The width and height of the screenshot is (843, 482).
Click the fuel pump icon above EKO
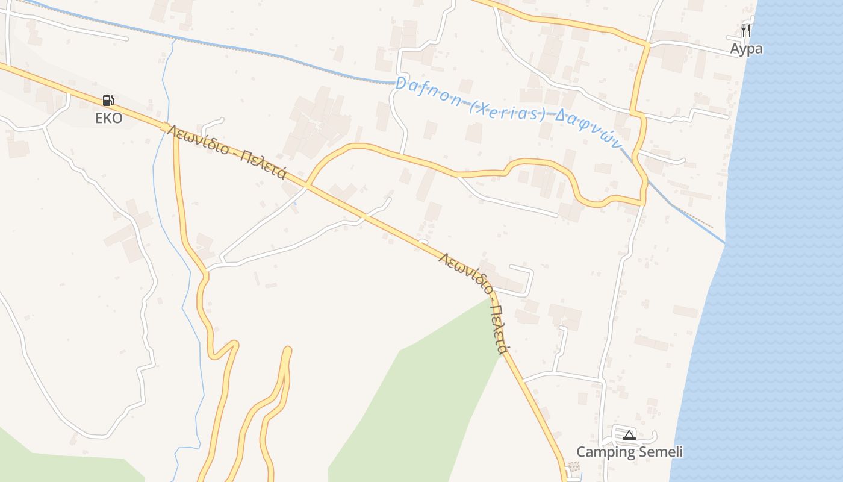pyautogui.click(x=108, y=101)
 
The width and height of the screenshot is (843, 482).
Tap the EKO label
pyautogui.click(x=108, y=118)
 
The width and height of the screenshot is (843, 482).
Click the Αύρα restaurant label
pyautogui.click(x=746, y=49)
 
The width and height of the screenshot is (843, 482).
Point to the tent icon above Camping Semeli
pyautogui.click(x=629, y=435)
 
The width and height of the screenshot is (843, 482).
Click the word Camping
pyautogui.click(x=606, y=452)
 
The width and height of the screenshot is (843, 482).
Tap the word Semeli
pyautogui.click(x=661, y=452)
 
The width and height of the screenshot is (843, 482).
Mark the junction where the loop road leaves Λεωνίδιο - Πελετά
pyautogui.click(x=307, y=184)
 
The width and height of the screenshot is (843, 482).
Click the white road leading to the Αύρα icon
pyautogui.click(x=692, y=46)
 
